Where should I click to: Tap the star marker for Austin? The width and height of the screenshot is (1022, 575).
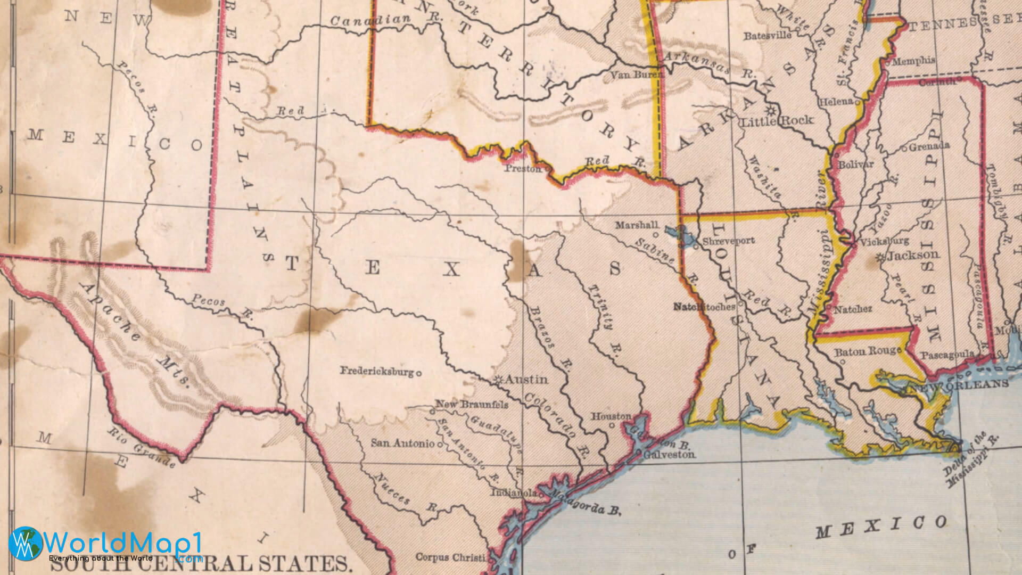tap(499, 380)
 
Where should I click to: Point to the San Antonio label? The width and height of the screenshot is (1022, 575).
tap(402, 443)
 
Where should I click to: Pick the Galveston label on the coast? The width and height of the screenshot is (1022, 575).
tap(669, 455)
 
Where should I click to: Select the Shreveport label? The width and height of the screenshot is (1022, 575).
tap(728, 241)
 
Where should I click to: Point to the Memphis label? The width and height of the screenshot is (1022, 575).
tap(913, 61)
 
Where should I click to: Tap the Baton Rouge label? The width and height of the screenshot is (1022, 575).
tap(867, 351)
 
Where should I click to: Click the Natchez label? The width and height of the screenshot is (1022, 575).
tap(853, 309)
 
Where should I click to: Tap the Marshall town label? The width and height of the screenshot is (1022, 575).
tap(636, 225)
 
